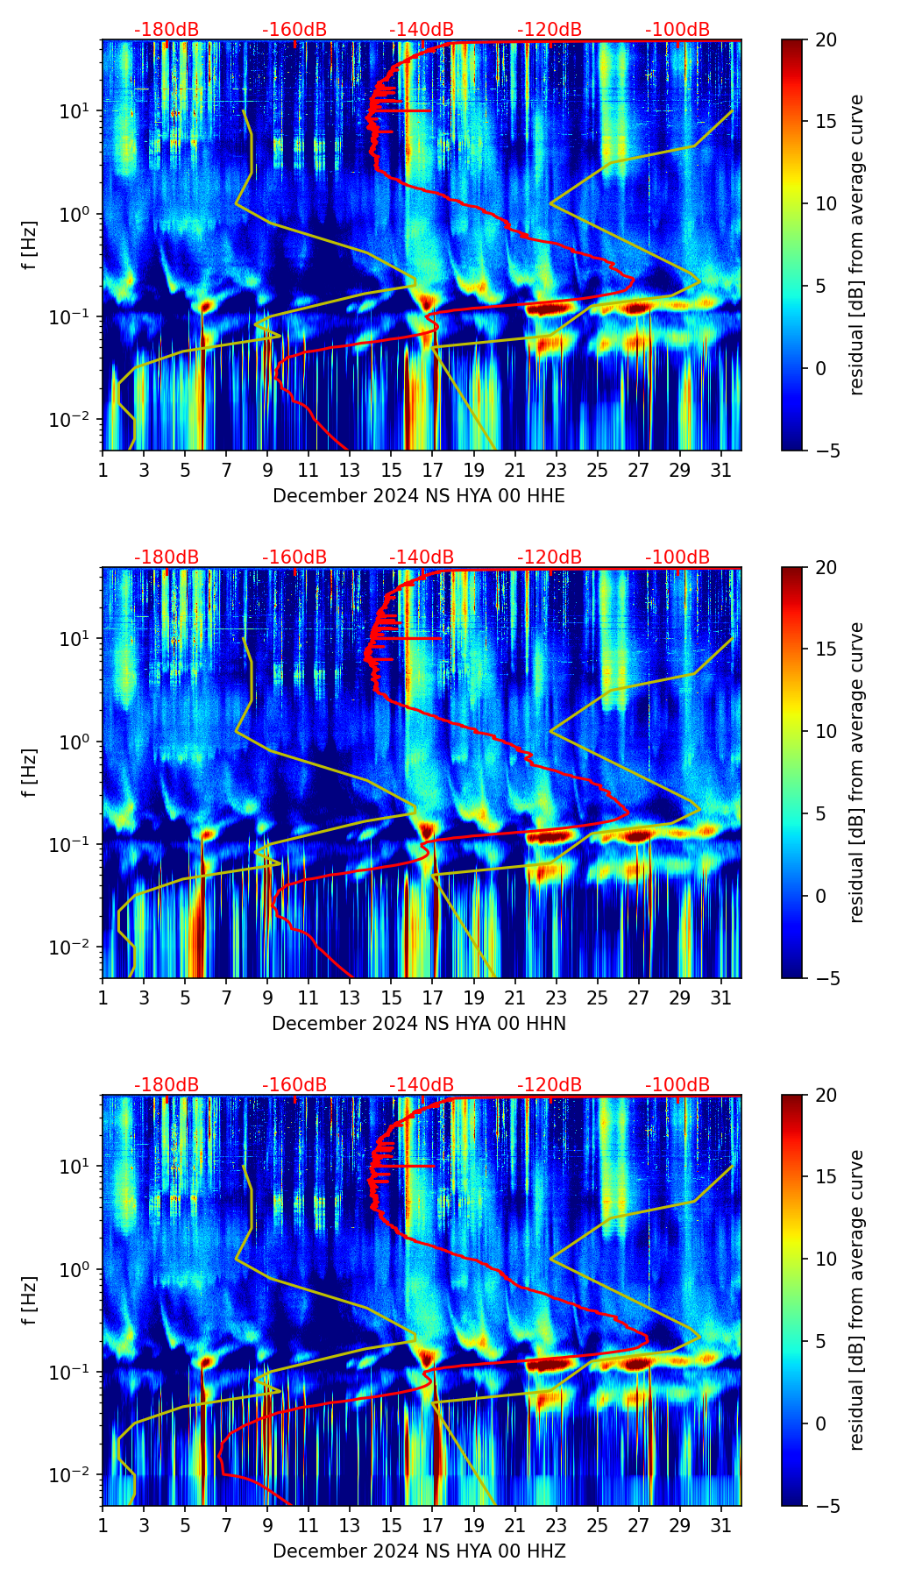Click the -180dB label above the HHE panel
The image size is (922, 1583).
pyautogui.click(x=167, y=30)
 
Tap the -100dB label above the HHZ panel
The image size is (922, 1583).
pyautogui.click(x=677, y=1085)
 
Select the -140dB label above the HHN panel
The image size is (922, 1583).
pyautogui.click(x=422, y=557)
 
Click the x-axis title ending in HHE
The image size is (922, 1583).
pyautogui.click(x=419, y=496)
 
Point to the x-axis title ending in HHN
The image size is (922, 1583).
pyautogui.click(x=419, y=1024)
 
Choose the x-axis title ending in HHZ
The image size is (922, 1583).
pyautogui.click(x=419, y=1551)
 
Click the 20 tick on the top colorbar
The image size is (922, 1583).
pyautogui.click(x=825, y=39)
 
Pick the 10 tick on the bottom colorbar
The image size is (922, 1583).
pyautogui.click(x=825, y=1259)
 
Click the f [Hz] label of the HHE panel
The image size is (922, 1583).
pyautogui.click(x=30, y=245)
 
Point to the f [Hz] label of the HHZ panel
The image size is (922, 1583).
pyautogui.click(x=30, y=1301)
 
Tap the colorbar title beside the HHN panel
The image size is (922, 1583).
pyautogui.click(x=857, y=772)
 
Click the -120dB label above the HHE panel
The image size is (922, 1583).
pyautogui.click(x=550, y=30)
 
